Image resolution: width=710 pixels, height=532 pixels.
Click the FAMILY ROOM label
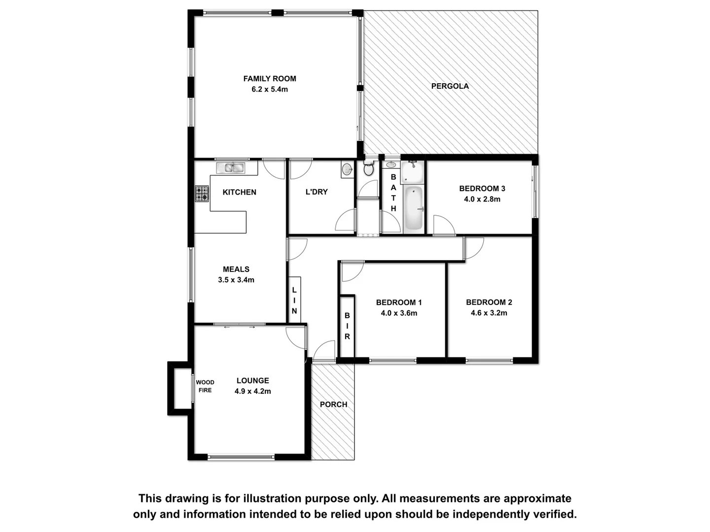pos(270,78)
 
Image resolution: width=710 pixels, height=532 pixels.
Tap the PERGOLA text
pos(450,86)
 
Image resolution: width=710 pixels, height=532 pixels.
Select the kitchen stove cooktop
pos(202,194)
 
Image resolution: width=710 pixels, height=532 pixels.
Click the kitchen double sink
pos(230,168)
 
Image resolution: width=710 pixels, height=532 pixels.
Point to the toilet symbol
pos(368,169)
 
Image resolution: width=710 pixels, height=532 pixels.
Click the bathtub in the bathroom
pos(413,208)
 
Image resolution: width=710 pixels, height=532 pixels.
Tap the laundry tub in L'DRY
pos(347,169)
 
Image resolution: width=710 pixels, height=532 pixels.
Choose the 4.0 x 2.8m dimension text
pos(482,199)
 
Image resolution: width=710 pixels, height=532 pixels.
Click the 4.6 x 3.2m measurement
pos(489,313)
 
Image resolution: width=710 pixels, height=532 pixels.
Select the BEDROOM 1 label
pos(398,302)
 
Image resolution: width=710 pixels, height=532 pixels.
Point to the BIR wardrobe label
pos(347,326)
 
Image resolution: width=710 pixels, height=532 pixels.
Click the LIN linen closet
pos(294,300)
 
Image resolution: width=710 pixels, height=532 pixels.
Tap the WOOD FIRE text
pos(205,386)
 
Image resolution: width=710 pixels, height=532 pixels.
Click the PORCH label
pos(333,404)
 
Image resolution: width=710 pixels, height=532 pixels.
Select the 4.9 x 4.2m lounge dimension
pos(252,392)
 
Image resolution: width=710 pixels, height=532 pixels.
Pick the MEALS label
pos(236,269)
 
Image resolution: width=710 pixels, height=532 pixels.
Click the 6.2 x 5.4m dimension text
pos(270,90)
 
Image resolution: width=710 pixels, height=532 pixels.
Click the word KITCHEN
pos(239,192)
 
